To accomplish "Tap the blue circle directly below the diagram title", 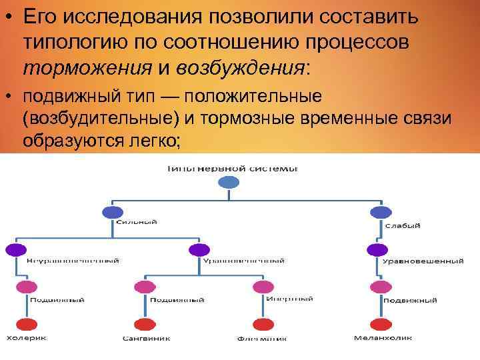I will (x=229, y=183).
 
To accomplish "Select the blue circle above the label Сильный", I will (x=111, y=213).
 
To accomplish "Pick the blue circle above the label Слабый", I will (x=380, y=213).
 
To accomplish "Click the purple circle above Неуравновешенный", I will (x=15, y=250).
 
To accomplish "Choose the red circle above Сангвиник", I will (x=143, y=325).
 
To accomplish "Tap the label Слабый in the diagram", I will (x=402, y=225).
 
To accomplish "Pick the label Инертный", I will (x=289, y=297).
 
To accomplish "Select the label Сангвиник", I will (x=146, y=338).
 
